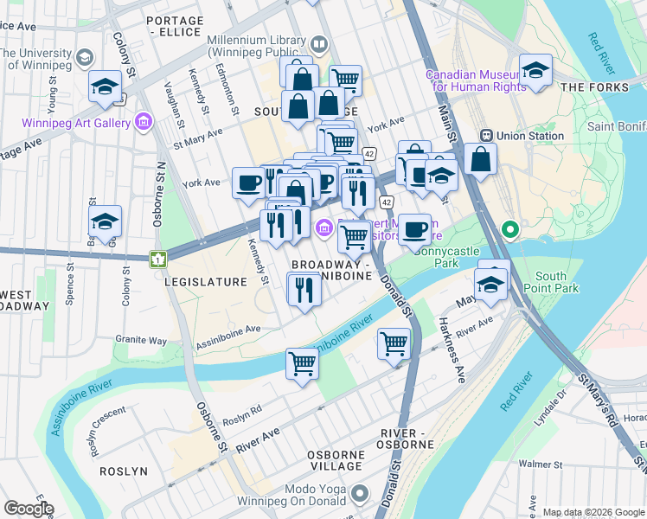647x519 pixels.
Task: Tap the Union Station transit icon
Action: [x=487, y=136]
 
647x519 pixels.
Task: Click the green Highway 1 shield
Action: [x=157, y=259]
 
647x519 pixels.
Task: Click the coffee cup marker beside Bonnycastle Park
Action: [x=414, y=228]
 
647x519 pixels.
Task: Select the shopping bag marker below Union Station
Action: [x=480, y=159]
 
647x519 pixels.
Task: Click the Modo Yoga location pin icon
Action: [x=362, y=496]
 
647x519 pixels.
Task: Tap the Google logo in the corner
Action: [x=29, y=509]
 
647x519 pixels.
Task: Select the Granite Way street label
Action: [x=146, y=341]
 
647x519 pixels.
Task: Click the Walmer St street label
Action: [x=540, y=465]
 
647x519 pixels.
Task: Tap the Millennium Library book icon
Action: [x=319, y=43]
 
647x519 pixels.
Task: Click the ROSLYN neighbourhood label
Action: [x=123, y=471]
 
